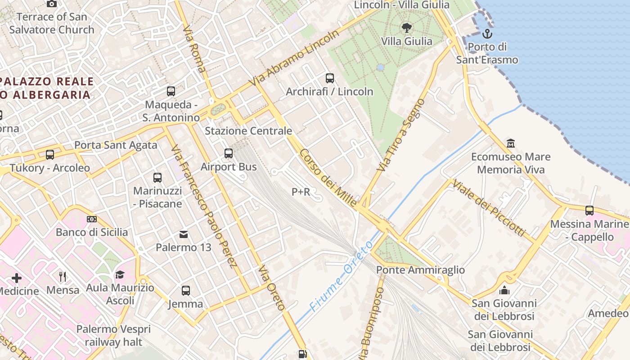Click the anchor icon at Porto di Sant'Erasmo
click(x=487, y=34)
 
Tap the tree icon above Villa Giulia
click(x=406, y=28)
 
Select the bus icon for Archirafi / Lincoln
click(x=330, y=78)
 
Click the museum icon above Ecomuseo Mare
click(x=511, y=144)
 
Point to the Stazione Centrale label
click(x=248, y=131)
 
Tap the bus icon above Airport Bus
click(x=229, y=153)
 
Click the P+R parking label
click(x=301, y=192)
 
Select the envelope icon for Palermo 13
click(x=184, y=234)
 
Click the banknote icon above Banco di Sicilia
click(x=92, y=219)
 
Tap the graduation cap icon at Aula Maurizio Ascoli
click(x=120, y=274)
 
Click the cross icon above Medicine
click(x=17, y=278)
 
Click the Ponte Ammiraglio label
click(x=420, y=270)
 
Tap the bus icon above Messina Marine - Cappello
click(x=589, y=210)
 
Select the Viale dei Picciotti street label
click(x=489, y=207)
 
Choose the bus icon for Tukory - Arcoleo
click(x=50, y=155)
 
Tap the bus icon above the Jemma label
click(x=186, y=291)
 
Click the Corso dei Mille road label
click(x=328, y=178)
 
